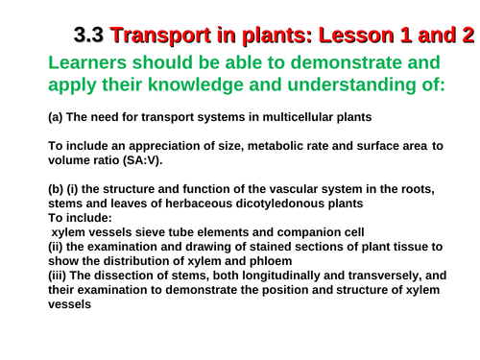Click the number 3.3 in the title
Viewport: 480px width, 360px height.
click(88, 36)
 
